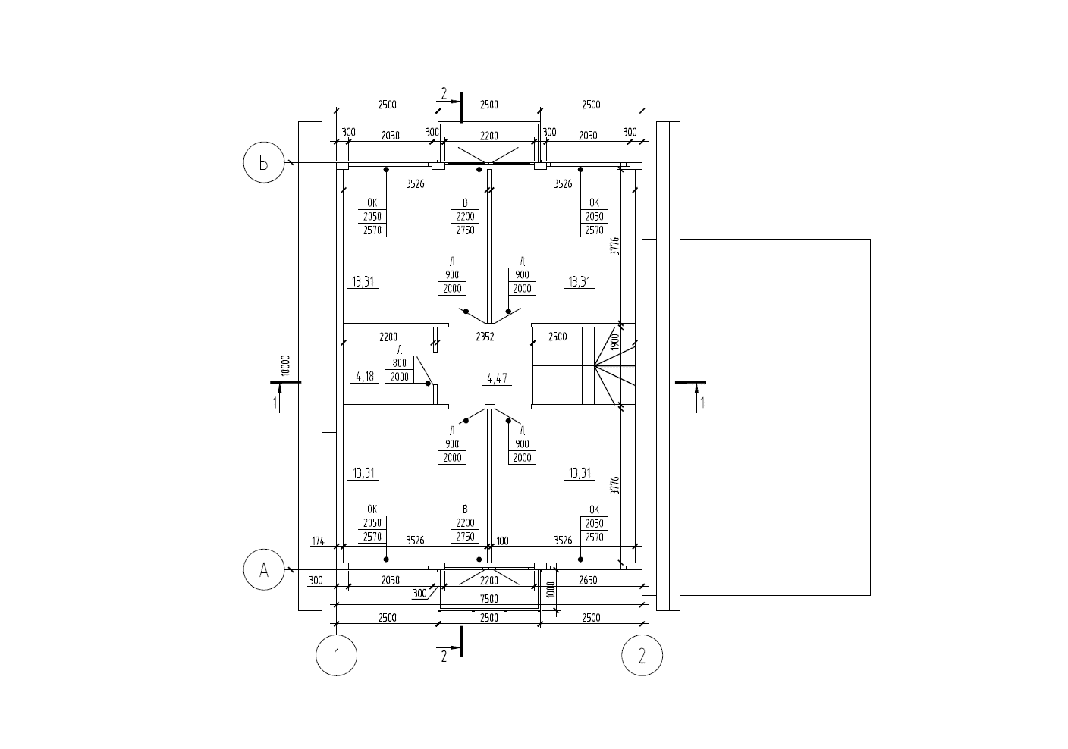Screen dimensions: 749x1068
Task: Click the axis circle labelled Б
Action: click(x=264, y=163)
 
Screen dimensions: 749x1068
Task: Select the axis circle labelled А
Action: click(x=264, y=570)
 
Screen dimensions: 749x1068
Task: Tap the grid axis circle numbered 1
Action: click(x=336, y=654)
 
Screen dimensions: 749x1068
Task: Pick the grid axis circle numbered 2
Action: click(x=642, y=654)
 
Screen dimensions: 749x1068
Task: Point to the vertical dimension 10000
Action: click(x=284, y=365)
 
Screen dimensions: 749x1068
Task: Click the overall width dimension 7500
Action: click(x=489, y=599)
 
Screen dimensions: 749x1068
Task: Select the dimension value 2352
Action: click(x=484, y=337)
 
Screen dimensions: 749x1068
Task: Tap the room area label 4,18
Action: click(x=365, y=377)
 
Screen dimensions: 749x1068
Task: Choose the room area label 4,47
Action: click(x=497, y=377)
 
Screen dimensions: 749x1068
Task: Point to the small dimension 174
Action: click(x=318, y=541)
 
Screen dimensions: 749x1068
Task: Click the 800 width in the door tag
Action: click(x=399, y=363)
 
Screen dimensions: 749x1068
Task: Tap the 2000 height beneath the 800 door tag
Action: click(x=399, y=377)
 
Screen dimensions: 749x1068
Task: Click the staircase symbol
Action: click(x=583, y=368)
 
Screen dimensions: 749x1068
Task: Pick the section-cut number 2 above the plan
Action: click(x=444, y=94)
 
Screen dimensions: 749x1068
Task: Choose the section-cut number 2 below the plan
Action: click(x=444, y=657)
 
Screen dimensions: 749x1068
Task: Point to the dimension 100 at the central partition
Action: click(x=502, y=541)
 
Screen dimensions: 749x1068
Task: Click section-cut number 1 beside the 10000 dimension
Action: click(x=275, y=403)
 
